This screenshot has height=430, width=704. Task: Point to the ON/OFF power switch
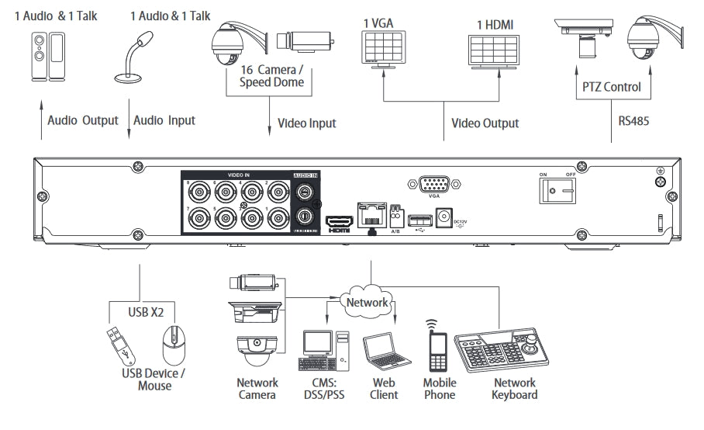tap(552, 190)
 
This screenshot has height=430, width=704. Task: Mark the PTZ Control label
tap(612, 87)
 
